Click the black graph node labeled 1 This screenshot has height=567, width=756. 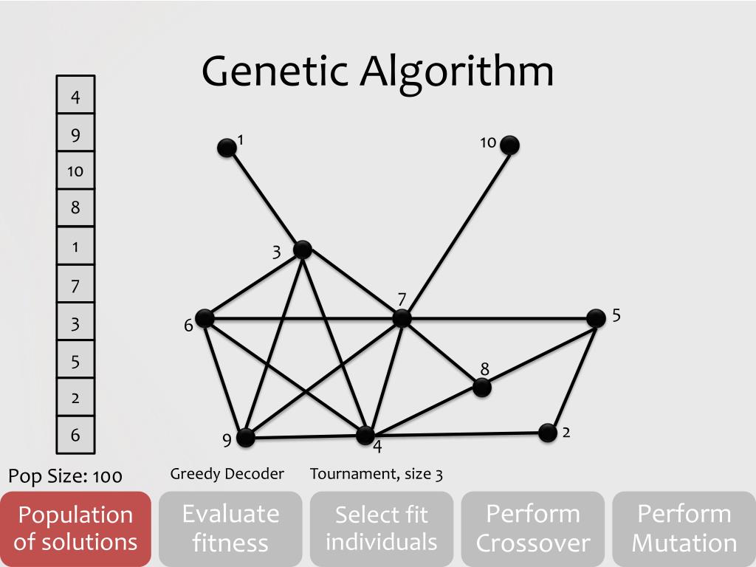(227, 148)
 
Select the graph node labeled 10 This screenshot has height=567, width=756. (509, 145)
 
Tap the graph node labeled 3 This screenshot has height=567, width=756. (302, 250)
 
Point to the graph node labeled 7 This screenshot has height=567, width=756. (402, 318)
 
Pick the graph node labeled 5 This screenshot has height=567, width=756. (596, 318)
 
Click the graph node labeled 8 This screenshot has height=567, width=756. (481, 387)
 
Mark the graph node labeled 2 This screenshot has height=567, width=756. (547, 433)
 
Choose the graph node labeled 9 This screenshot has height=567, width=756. (245, 437)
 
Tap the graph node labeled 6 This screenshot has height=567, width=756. (205, 318)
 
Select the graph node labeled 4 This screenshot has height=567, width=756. (365, 435)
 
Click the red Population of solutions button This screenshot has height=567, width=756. (75, 529)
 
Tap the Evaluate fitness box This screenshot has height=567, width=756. (230, 529)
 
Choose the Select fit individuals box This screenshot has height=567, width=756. (382, 529)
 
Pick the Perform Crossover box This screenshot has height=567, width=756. (533, 529)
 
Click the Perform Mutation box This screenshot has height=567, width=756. (684, 529)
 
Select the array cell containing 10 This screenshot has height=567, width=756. (75, 171)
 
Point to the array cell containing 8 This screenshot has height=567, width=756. (75, 208)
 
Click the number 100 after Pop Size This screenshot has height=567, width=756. (108, 476)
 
